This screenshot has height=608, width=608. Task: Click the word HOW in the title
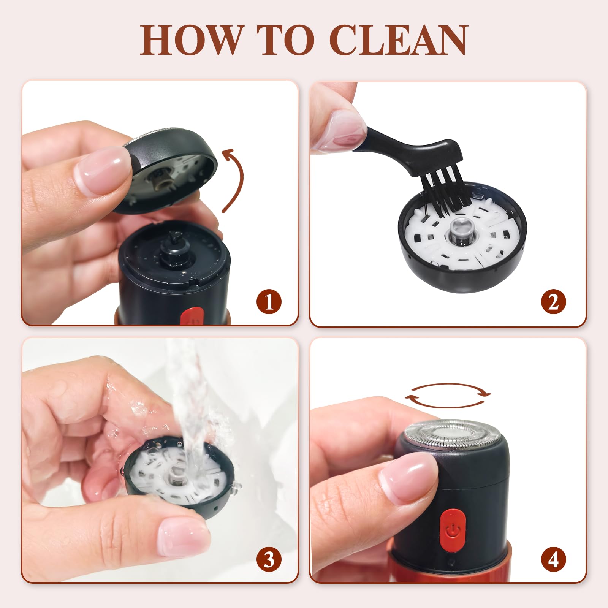191,40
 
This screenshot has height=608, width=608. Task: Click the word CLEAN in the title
398,40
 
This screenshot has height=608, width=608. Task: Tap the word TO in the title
285,40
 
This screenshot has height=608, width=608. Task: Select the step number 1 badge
269,302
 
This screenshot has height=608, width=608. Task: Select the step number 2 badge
554,302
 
